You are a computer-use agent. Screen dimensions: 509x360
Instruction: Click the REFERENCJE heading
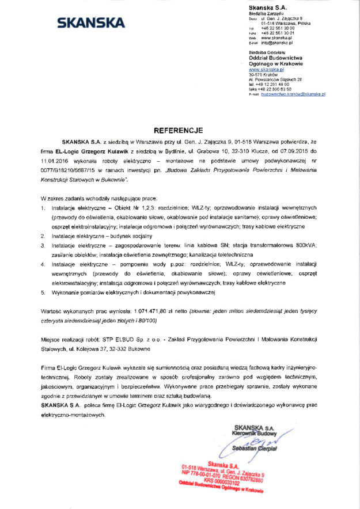coord(179,130)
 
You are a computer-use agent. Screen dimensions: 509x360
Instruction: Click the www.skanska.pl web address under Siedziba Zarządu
coord(277,37)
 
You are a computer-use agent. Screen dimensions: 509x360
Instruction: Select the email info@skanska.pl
coord(277,43)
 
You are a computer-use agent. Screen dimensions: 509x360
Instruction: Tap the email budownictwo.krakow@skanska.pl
coord(294,93)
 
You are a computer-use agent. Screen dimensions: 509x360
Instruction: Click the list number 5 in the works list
coord(43,292)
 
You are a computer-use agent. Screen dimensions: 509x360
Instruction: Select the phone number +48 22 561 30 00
coord(278,28)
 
